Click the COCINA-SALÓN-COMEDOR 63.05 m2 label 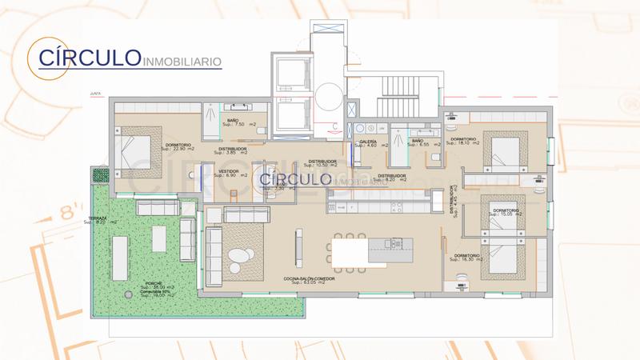click(x=304, y=280)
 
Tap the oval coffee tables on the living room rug click(x=239, y=257)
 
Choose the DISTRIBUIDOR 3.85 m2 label click(x=234, y=150)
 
